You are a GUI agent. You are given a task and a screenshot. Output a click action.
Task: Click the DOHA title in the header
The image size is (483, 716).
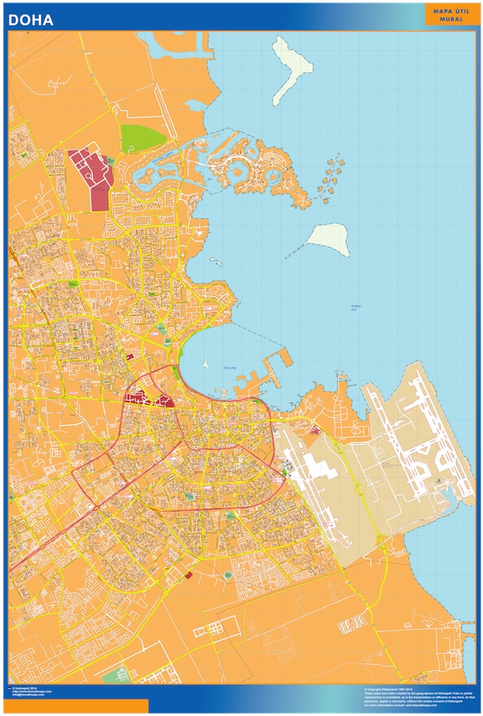(31, 20)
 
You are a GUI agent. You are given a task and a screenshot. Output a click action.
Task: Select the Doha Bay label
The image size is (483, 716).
(230, 368)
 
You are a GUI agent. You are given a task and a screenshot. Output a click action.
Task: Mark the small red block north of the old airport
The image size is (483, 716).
(316, 430)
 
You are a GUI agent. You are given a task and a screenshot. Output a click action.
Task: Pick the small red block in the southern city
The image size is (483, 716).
(189, 574)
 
